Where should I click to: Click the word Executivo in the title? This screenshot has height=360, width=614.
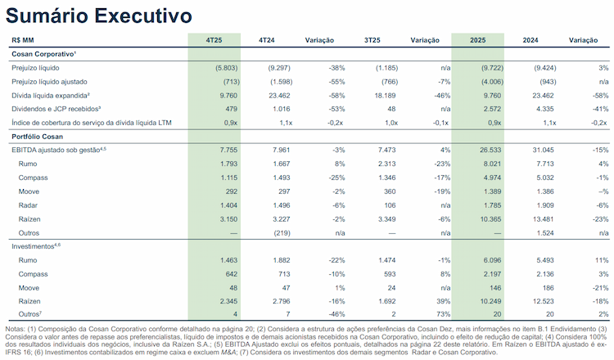[143, 16]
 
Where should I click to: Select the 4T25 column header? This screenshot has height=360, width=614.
[214, 40]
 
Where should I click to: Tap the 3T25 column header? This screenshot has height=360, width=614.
[372, 40]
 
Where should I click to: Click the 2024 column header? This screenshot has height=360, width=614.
[530, 40]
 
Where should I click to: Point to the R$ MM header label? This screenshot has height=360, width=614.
[23, 40]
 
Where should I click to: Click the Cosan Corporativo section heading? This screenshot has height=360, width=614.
[44, 54]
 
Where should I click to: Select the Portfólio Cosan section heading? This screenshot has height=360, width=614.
[37, 137]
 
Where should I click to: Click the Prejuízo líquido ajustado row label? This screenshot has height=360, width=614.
[49, 82]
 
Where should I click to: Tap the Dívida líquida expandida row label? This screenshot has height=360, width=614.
[51, 96]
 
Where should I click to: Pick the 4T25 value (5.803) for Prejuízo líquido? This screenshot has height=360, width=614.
[226, 68]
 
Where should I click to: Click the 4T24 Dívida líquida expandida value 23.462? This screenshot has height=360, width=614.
[279, 96]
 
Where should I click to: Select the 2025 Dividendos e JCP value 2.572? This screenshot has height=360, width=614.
[492, 109]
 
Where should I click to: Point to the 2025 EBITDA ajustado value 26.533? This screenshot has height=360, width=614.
[490, 151]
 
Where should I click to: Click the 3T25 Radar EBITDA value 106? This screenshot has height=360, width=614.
[390, 205]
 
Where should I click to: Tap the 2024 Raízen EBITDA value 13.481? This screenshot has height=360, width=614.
[543, 219]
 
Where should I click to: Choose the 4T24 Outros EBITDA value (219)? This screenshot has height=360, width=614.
[282, 233]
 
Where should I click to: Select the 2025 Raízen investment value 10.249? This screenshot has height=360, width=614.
[490, 301]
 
